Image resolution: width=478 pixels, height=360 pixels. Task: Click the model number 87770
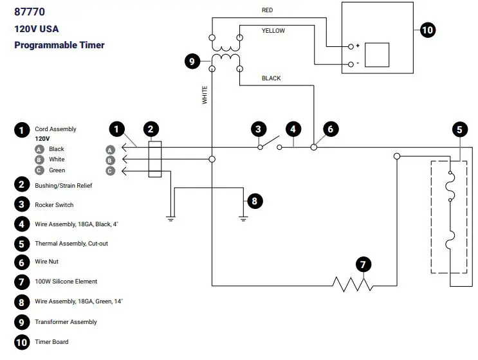[x=30, y=11]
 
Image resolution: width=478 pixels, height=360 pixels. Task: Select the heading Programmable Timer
[x=59, y=45]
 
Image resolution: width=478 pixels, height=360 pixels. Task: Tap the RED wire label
[x=268, y=10]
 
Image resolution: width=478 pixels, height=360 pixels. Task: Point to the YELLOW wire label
[x=273, y=31]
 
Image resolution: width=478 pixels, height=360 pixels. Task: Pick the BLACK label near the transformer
[x=271, y=78]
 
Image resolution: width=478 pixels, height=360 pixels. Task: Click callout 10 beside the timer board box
[x=427, y=30]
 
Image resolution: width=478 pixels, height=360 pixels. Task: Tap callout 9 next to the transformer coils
[x=192, y=62]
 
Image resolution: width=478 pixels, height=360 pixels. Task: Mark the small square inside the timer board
[x=377, y=55]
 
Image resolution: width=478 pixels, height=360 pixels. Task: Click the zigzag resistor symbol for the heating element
[x=352, y=283]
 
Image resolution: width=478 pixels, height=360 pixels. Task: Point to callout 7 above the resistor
[x=363, y=264]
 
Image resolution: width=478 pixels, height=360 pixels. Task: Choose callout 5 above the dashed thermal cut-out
[x=459, y=129]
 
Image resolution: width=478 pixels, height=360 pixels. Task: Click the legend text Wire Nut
[x=49, y=262]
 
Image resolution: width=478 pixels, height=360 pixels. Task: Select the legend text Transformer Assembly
[x=66, y=322]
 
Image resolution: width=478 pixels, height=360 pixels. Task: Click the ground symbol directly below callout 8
[x=244, y=218]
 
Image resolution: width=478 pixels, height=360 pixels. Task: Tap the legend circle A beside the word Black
[x=39, y=149]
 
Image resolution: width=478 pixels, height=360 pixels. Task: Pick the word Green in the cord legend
[x=57, y=170]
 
